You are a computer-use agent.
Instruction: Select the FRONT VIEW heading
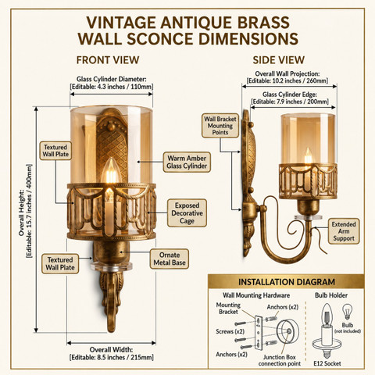click(x=108, y=60)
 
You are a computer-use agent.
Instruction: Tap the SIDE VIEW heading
click(x=278, y=60)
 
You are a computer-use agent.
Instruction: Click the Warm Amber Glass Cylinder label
click(x=187, y=162)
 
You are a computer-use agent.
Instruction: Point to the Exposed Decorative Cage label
click(x=187, y=213)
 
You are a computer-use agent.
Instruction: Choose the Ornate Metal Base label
click(x=170, y=259)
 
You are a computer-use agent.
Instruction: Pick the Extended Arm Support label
click(x=344, y=231)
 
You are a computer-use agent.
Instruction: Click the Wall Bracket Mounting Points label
click(x=220, y=126)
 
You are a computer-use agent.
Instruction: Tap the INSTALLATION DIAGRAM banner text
click(x=287, y=282)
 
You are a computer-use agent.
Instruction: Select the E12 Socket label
click(x=327, y=363)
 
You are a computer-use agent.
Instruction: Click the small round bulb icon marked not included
click(x=347, y=311)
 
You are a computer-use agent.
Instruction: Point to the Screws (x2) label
click(x=230, y=331)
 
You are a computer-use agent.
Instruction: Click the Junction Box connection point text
click(x=280, y=360)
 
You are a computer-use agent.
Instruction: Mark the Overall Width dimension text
click(x=112, y=353)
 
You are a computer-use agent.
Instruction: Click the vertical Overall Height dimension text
click(x=26, y=211)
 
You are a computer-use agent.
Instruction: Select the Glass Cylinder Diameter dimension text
click(x=112, y=83)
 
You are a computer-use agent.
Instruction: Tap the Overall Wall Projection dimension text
click(x=287, y=77)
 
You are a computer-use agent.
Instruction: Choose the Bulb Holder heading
click(x=331, y=295)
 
